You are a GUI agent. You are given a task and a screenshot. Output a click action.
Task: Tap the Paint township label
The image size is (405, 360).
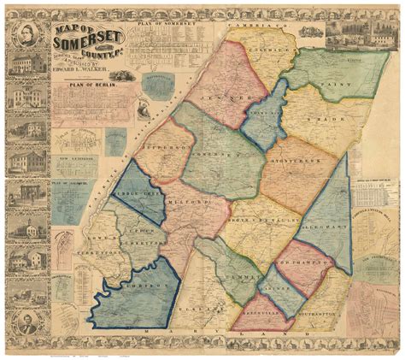click(x=320, y=85)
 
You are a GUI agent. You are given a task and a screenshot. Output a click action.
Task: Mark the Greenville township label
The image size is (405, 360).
click(x=269, y=310)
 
